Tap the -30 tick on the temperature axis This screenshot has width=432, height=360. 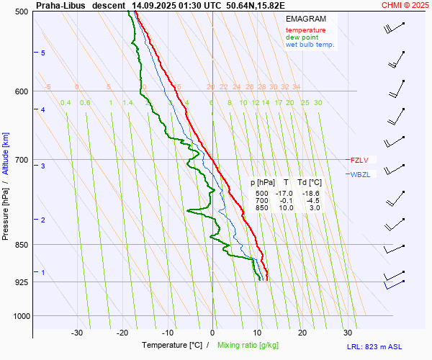pos(77,333)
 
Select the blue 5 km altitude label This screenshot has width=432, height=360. pos(43,53)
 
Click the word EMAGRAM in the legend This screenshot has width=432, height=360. pos(305,18)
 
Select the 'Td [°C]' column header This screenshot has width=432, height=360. pos(310,183)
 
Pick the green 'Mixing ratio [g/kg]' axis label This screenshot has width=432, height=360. pos(248,346)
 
